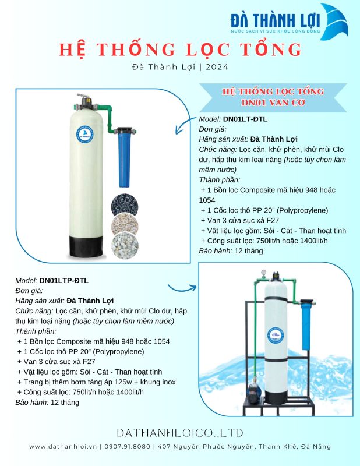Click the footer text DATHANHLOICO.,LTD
(x=179, y=433)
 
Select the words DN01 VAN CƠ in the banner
(x=273, y=103)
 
